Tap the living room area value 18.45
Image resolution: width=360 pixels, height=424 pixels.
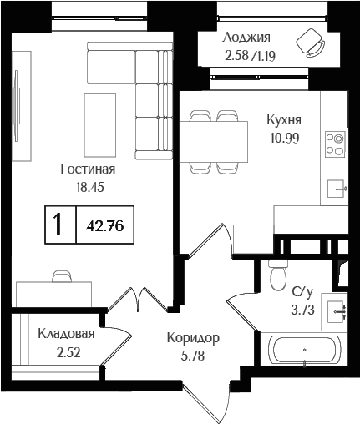89,188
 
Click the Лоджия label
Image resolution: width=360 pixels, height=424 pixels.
246,38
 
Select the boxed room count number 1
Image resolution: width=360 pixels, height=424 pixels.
58,225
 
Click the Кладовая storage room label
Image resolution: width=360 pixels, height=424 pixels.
66,334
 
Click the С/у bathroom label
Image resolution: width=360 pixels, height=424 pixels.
302,292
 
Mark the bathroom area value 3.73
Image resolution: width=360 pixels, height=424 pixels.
302,310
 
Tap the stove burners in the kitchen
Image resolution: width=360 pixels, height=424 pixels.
335,144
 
